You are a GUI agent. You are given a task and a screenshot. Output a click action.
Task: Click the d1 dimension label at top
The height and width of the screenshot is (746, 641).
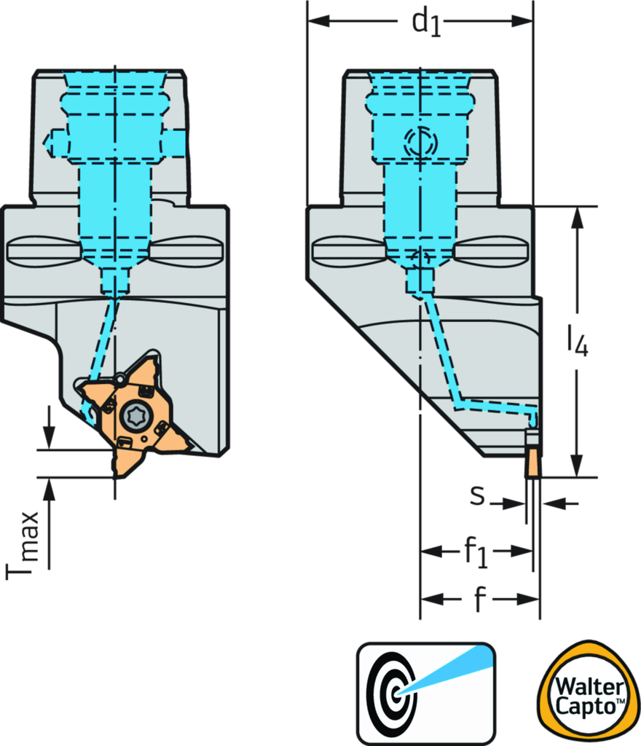coord(426,23)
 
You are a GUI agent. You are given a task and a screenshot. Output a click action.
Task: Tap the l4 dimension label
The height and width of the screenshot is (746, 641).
coord(578,340)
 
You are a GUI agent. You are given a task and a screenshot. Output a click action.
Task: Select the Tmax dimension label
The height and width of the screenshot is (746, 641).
coord(27,544)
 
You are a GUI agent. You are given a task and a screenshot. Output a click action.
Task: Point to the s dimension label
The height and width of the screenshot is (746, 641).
coord(477,495)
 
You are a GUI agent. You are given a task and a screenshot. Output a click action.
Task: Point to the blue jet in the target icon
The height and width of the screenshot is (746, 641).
coord(448,670)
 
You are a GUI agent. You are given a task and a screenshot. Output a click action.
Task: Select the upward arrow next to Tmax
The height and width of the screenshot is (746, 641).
coord(49,492)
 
